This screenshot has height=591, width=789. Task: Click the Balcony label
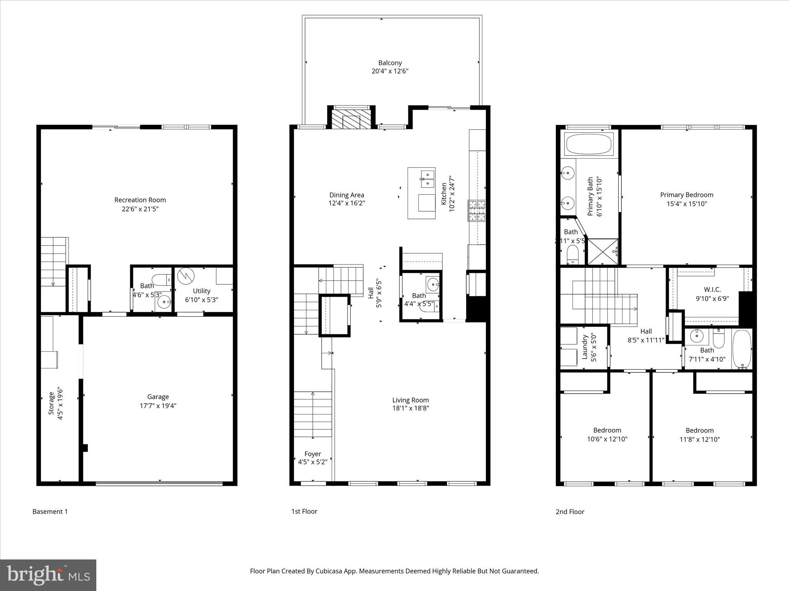390,63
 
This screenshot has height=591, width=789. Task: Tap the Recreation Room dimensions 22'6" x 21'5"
140,209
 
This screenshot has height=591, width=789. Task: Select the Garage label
158,397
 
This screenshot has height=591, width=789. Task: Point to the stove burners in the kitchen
477,210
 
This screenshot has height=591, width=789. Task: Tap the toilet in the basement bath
161,279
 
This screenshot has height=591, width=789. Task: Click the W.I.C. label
712,289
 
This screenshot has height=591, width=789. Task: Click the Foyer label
312,454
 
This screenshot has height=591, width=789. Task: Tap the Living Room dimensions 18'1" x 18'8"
410,409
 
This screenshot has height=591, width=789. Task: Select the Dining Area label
346,195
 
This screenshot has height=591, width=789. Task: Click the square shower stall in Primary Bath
603,252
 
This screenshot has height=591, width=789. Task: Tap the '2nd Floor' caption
570,512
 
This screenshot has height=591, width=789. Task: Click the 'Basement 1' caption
50,511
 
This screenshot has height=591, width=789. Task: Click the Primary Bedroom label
687,195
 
